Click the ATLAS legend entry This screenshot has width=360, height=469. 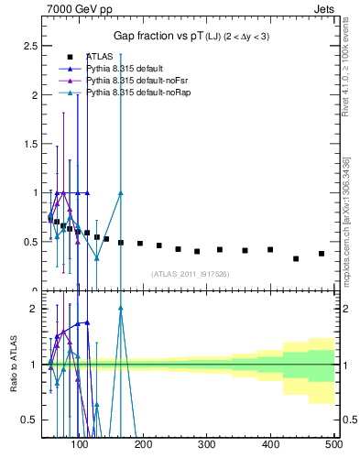point(100,56)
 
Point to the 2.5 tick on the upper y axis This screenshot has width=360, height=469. point(29,45)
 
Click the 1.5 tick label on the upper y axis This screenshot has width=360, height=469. point(29,144)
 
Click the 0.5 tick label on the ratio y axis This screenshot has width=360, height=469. point(29,420)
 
